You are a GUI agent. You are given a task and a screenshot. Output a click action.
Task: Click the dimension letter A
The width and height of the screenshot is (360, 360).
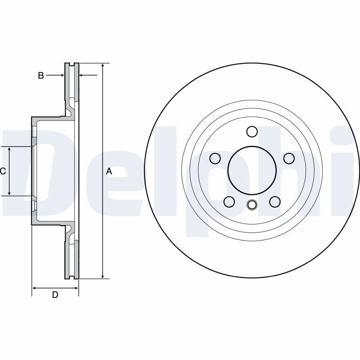coord(109,171)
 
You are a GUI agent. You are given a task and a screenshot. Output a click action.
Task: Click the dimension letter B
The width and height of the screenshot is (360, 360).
coord(41,76)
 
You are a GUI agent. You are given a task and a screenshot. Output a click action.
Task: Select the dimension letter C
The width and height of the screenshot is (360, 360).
coord(3,171)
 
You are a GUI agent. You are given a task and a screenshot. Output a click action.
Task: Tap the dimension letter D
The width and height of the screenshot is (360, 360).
coord(55,295)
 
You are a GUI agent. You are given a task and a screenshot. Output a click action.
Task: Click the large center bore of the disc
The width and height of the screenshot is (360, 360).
coord(252,171)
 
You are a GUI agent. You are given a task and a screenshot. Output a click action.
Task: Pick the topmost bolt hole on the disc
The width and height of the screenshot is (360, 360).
coord(252,132)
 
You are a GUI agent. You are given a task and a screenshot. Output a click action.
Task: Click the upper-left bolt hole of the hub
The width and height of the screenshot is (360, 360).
coord(216,158)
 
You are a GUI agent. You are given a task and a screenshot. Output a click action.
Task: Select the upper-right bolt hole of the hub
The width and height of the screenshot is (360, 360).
coord(289,158)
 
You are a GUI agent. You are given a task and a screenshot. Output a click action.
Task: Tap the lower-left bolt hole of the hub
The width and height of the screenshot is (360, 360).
coord(229,202)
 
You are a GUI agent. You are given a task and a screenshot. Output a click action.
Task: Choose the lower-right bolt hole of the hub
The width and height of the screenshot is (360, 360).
coord(275,202)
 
